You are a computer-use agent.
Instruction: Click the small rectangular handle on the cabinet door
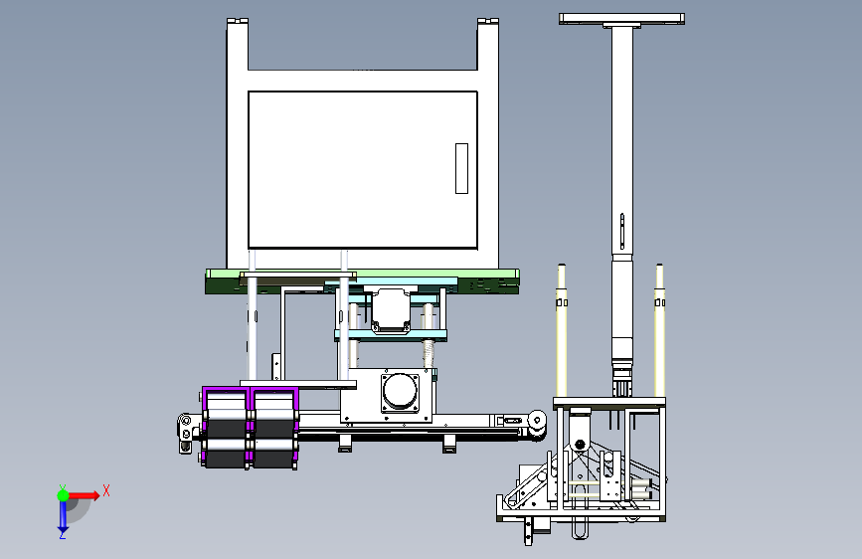(461, 168)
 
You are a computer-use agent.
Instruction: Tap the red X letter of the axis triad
(106, 490)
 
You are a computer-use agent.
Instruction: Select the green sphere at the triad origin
(64, 495)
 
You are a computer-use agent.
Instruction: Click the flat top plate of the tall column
(621, 18)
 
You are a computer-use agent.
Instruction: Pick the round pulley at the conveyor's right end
(537, 421)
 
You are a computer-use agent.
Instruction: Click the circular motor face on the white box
(401, 391)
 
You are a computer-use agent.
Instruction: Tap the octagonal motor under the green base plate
(391, 311)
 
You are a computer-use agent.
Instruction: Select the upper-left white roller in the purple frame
(226, 403)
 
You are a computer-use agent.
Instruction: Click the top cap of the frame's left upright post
(238, 21)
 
